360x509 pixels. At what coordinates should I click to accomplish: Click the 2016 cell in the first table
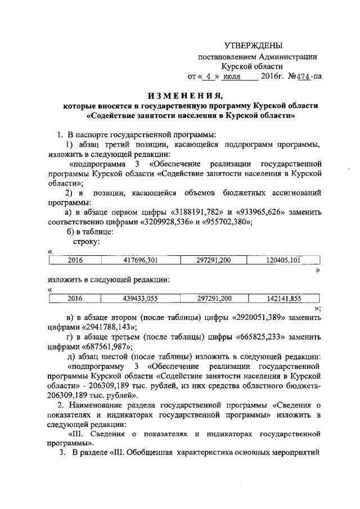(x=75, y=259)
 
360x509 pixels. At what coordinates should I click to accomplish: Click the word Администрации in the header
(x=289, y=56)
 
